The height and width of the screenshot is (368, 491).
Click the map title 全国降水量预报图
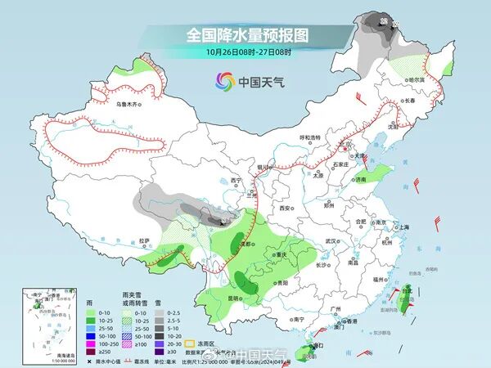[245, 35]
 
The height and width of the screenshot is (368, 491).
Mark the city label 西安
[286, 209]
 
